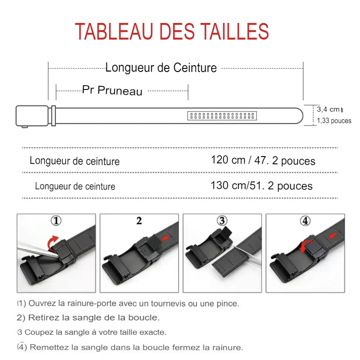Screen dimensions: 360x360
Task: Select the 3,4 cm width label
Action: point(328,109)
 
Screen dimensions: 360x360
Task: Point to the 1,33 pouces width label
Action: point(334,121)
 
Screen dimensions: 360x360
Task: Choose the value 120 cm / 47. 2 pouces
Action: point(263,161)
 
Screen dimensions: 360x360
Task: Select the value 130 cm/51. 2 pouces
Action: point(261,186)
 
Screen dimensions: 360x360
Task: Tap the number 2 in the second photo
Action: point(139,221)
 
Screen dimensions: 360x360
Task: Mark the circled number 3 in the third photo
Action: point(222,221)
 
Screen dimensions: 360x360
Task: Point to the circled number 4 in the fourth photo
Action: point(306,221)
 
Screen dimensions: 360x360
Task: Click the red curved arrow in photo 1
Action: point(53,242)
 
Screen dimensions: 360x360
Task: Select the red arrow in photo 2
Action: point(166,237)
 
